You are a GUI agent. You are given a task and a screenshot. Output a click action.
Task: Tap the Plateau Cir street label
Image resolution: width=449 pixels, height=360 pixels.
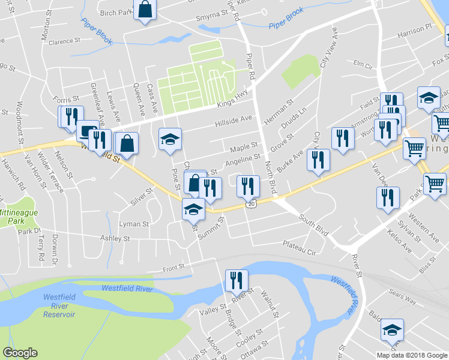[300, 245]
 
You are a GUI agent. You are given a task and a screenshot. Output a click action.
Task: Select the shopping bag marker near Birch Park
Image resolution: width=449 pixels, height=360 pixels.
[145, 10]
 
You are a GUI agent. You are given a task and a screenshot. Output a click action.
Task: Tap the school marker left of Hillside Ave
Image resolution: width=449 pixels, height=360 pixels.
[170, 140]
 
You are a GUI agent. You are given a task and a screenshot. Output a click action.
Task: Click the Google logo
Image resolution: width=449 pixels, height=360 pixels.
[20, 353]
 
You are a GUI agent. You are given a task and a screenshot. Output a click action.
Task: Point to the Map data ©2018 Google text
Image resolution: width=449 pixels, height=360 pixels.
[412, 355]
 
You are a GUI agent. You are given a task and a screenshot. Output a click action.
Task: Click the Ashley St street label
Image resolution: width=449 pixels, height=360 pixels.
[118, 239]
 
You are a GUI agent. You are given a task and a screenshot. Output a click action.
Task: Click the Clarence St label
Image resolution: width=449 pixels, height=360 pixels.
[64, 42]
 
